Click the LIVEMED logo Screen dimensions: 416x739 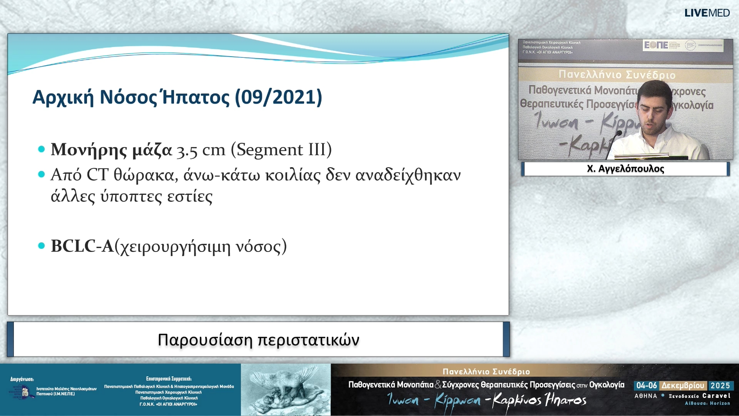(x=707, y=13)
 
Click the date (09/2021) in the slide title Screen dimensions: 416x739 (x=278, y=97)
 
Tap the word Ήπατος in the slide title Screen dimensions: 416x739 (x=196, y=97)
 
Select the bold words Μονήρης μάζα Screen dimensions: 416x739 (x=111, y=150)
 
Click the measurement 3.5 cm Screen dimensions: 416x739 (x=201, y=150)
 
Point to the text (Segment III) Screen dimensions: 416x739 (x=281, y=150)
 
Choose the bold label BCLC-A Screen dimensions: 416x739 (x=82, y=246)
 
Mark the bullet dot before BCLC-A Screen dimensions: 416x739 (x=42, y=246)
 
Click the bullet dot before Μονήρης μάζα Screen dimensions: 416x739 (x=42, y=149)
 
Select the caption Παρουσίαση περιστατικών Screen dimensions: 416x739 (x=258, y=340)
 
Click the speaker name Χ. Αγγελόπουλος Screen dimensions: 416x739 (x=625, y=169)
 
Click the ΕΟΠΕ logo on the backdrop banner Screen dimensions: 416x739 (x=656, y=45)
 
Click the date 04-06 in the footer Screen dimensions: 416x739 (x=647, y=386)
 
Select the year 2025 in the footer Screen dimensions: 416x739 (x=721, y=386)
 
